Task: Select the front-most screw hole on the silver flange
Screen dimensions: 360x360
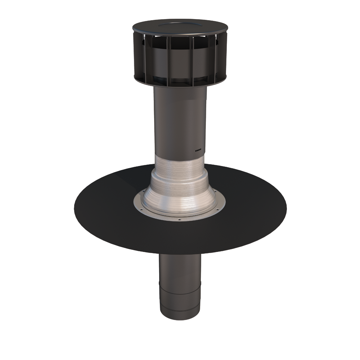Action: (179, 219)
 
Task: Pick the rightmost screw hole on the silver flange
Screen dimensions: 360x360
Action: (217, 209)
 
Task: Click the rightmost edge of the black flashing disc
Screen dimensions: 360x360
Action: (286, 208)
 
